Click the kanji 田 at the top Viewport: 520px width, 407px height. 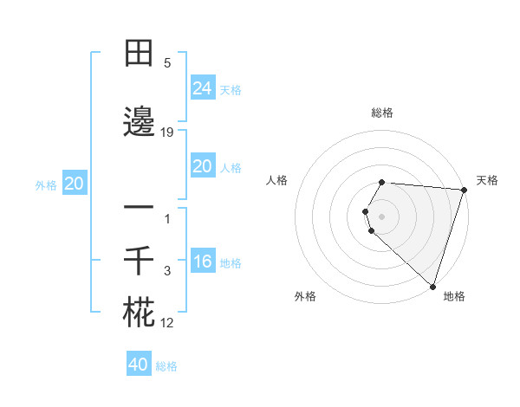click(139, 54)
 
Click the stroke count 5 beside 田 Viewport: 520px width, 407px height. click(167, 63)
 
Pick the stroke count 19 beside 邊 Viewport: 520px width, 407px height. click(167, 132)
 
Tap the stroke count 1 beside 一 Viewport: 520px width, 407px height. click(168, 218)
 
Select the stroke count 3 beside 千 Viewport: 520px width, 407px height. click(168, 271)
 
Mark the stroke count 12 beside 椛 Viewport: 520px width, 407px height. click(167, 323)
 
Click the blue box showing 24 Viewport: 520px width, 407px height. click(202, 87)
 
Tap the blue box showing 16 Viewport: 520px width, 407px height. click(202, 262)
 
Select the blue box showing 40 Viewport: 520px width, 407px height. click(139, 365)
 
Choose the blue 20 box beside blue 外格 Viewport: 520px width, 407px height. click(75, 184)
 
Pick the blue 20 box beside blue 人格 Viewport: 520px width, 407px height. click(202, 166)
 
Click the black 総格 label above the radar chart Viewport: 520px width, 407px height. click(382, 113)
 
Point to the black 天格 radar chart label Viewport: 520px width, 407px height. click(487, 180)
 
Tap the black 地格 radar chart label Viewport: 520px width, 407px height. click(454, 296)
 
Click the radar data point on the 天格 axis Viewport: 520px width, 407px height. click(464, 189)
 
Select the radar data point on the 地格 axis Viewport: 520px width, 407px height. click(432, 286)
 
